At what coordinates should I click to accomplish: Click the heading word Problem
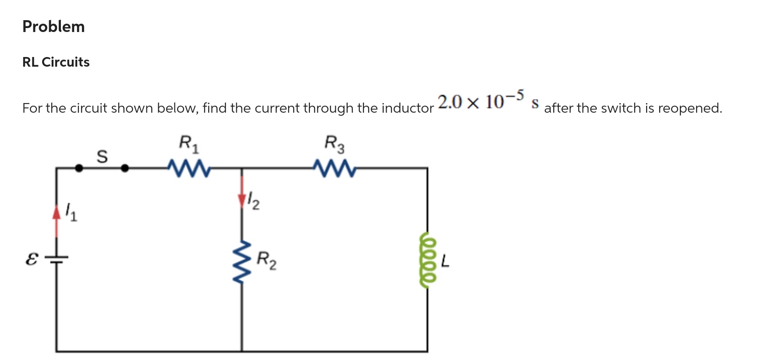53,27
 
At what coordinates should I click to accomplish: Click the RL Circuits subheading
56,62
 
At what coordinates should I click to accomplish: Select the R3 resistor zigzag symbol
334,168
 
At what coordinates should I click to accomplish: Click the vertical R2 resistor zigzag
242,262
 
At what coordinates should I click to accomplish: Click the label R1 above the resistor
189,144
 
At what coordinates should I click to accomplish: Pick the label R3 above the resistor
334,144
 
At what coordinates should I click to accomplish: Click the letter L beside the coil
445,261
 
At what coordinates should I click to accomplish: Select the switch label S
102,156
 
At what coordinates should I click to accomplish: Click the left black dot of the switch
79,168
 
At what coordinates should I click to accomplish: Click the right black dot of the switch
125,168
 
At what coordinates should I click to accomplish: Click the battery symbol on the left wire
56,260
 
